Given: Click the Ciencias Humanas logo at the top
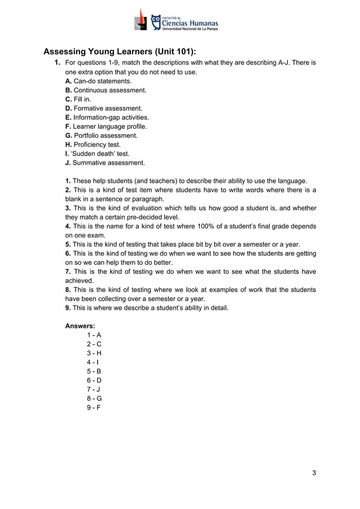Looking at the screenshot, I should pyautogui.click(x=176, y=22).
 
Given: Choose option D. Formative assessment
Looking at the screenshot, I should pyautogui.click(x=104, y=108).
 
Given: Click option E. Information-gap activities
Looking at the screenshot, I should pyautogui.click(x=107, y=117).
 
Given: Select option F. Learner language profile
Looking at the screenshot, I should pyautogui.click(x=106, y=126).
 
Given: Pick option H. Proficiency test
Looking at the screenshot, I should pyautogui.click(x=93, y=144).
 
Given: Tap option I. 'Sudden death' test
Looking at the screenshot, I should pyautogui.click(x=97, y=153).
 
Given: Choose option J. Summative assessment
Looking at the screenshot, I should pyautogui.click(x=105, y=163).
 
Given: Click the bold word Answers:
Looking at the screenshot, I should pyautogui.click(x=80, y=326).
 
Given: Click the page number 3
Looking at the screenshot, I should pyautogui.click(x=314, y=472).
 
